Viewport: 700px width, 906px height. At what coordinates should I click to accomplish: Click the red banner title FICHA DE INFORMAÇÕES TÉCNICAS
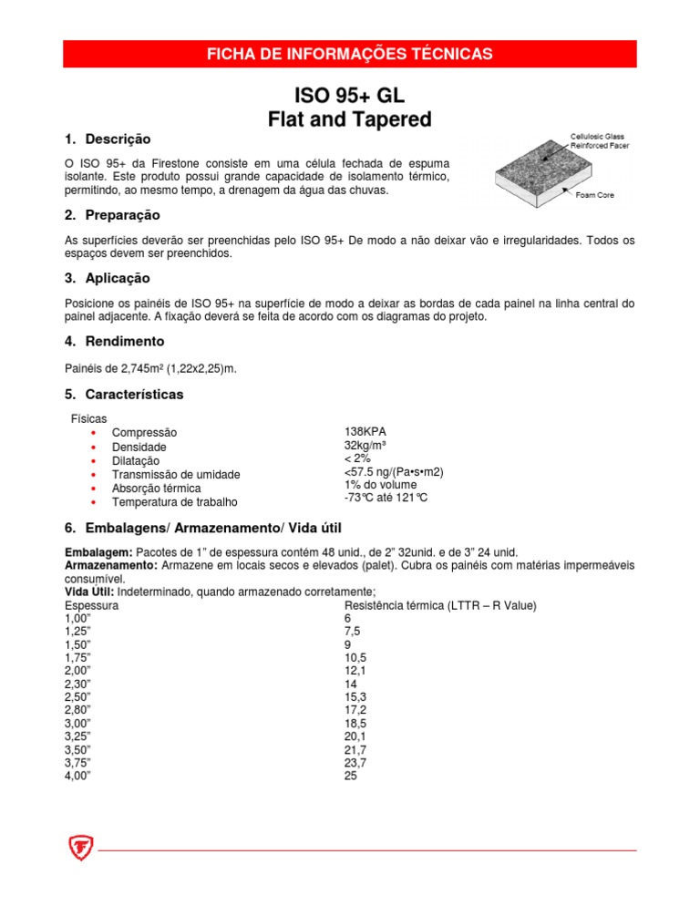click(x=350, y=54)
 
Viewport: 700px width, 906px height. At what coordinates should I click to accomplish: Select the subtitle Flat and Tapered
click(x=349, y=119)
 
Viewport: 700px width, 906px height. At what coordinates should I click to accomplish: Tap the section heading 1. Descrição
click(x=106, y=139)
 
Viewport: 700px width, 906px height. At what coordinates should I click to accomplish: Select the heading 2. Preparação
click(x=112, y=215)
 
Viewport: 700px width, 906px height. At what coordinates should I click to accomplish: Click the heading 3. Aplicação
click(x=108, y=278)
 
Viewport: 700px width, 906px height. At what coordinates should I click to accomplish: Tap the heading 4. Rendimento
click(x=114, y=341)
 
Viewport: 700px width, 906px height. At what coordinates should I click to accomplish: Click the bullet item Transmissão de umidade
click(x=175, y=474)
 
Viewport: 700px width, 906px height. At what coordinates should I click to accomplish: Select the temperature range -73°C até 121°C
click(x=385, y=499)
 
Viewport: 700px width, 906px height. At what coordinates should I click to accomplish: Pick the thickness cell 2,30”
click(x=79, y=684)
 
